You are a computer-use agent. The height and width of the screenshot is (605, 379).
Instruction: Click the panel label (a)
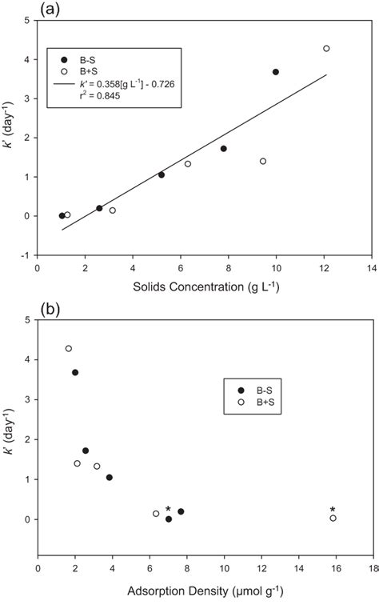tap(16, 9)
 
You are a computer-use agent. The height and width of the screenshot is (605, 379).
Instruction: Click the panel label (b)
tap(16, 307)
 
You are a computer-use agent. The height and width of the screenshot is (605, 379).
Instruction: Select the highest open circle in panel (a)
tap(326, 49)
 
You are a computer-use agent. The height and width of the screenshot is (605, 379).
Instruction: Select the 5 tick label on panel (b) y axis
tap(30, 320)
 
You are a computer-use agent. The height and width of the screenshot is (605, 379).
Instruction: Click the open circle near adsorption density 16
tap(333, 519)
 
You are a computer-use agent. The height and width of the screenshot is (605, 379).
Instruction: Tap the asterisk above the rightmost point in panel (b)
tap(333, 510)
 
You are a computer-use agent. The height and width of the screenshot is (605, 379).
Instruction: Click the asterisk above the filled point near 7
tap(168, 510)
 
